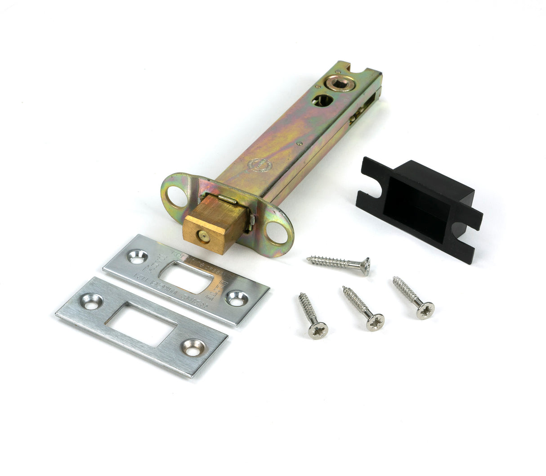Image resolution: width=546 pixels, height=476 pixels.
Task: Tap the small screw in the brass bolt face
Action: point(201,235)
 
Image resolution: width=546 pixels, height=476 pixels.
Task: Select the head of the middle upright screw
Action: point(375,322)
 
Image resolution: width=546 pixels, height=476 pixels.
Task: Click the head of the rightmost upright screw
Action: point(425,311)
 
